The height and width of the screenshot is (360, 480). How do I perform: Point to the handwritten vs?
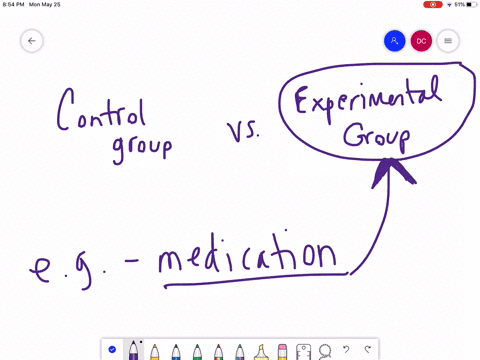243,131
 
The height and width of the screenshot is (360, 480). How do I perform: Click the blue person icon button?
394,41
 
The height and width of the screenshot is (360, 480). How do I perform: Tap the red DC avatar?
421,41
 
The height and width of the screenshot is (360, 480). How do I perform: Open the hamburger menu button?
448,41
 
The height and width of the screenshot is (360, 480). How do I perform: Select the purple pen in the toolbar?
133,350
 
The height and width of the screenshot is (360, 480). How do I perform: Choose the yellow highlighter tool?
261,350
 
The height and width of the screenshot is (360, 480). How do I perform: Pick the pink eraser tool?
282,350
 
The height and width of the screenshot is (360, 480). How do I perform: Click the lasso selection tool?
324,350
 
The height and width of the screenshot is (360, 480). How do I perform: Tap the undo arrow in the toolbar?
346,350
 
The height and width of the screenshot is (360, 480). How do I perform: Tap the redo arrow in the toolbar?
367,350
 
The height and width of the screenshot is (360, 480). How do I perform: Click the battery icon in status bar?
469,5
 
